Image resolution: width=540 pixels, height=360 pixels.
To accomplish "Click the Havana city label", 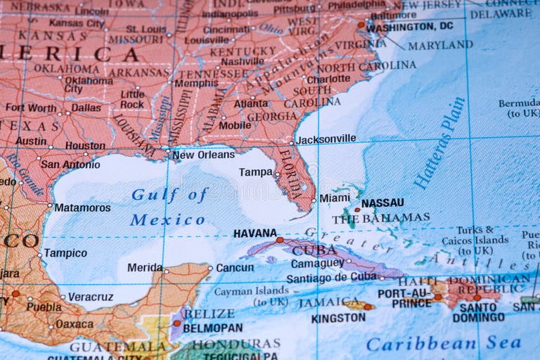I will (255, 233).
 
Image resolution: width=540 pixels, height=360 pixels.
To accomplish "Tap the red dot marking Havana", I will (280, 240).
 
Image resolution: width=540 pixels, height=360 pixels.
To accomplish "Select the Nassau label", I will (382, 202).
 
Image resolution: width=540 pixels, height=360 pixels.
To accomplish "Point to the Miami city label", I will (335, 198).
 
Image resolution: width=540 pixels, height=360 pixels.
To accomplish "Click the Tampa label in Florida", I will (255, 172).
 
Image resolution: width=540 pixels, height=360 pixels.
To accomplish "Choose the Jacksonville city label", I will (326, 139).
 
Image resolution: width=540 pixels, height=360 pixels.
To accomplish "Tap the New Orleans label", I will (203, 155).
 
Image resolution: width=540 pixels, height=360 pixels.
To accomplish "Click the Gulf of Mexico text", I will (169, 207).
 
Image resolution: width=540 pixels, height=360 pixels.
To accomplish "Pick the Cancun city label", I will (235, 268).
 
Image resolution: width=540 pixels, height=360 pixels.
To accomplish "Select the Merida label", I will (145, 267).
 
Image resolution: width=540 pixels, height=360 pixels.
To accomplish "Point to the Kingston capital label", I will (338, 318).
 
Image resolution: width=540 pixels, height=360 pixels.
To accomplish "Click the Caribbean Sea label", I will (443, 344).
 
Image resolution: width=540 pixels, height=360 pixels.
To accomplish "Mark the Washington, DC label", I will (410, 27).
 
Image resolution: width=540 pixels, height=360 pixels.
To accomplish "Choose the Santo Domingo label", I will (478, 312).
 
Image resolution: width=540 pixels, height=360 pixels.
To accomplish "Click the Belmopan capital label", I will (212, 328).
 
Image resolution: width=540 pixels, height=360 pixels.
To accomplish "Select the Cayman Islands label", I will (251, 296).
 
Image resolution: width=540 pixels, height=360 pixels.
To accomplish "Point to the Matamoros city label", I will (82, 207).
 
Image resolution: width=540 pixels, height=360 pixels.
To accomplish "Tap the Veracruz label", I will (90, 297).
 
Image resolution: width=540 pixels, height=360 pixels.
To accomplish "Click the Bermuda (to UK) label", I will (519, 108).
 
